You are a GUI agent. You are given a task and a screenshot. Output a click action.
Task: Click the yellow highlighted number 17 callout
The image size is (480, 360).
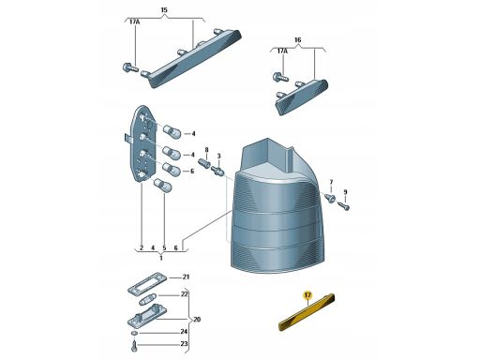[307, 295]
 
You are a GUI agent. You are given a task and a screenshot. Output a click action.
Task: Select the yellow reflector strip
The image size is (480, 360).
[307, 312]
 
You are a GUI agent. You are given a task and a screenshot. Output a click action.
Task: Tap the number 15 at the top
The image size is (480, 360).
[164, 10]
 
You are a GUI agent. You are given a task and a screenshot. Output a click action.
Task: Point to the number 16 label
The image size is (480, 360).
[298, 40]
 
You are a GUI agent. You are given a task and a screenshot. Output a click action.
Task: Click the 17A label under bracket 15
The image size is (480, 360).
[135, 22]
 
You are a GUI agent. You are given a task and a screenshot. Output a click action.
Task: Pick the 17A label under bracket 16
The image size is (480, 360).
[282, 51]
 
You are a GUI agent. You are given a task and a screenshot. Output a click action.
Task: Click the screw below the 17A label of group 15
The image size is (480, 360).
[130, 67]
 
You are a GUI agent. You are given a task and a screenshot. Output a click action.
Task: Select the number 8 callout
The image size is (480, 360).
[206, 150]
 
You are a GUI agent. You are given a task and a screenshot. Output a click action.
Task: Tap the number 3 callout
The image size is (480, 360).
[218, 156]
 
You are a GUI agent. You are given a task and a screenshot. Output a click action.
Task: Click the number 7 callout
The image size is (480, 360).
[331, 182]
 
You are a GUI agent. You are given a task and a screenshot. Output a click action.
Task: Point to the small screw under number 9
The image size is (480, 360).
[343, 206]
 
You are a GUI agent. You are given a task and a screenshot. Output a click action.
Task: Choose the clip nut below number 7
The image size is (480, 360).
[330, 198]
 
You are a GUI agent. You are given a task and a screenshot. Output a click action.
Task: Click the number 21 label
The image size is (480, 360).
[186, 277]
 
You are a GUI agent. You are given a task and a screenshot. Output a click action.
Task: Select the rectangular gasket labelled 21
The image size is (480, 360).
[148, 283]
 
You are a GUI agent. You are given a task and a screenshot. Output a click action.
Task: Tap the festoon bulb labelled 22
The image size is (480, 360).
[148, 300]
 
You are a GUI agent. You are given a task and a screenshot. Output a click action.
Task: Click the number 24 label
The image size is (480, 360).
[184, 332]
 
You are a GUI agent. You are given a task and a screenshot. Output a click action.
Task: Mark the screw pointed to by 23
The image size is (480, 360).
[135, 346]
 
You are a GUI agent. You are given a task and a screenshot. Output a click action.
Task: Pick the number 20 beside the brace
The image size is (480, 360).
[197, 320]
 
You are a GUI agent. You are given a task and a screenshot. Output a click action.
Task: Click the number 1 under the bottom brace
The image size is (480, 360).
[161, 258]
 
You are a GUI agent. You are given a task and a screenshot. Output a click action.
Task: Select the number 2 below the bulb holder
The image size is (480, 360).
[142, 248]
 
